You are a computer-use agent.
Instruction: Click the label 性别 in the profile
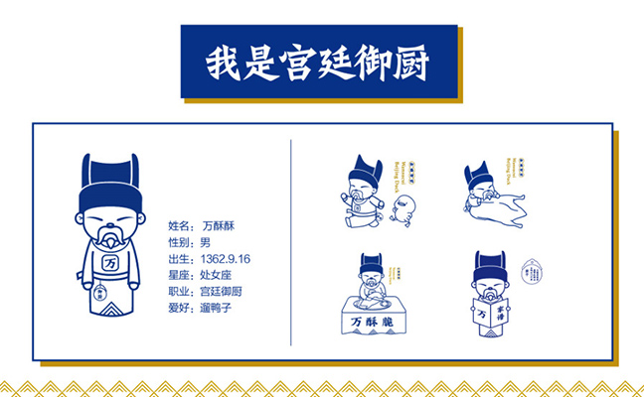180,242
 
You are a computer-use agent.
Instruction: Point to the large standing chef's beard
103,240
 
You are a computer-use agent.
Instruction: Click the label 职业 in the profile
180,292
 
